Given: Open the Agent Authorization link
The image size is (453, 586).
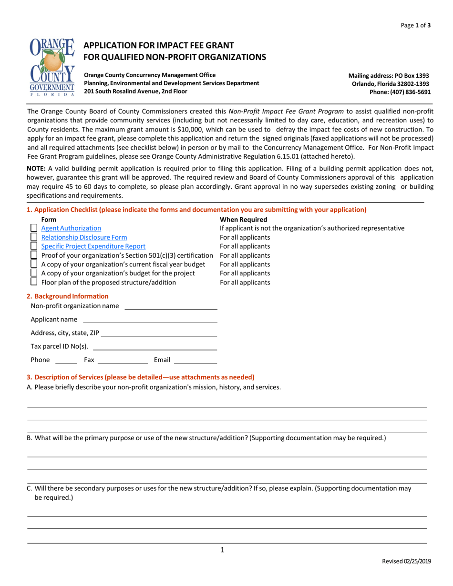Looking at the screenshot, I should (71, 228).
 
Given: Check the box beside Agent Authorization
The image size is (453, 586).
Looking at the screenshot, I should (34, 228).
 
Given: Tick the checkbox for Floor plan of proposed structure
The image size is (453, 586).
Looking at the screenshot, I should (34, 282).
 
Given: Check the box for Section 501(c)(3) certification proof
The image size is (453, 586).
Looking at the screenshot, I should (34, 255).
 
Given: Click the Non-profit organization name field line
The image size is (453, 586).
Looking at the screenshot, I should (170, 306).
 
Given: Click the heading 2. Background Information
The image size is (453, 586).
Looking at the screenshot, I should (67, 296).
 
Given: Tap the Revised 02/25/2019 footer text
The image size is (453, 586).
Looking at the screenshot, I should (407, 562).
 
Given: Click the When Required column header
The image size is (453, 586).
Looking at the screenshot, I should (243, 220).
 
